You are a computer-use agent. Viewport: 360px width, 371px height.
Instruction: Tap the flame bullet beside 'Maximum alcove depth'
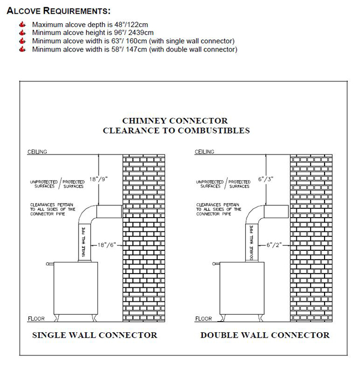tap(22, 25)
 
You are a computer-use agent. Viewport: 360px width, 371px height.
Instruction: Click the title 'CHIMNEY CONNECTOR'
tap(176, 121)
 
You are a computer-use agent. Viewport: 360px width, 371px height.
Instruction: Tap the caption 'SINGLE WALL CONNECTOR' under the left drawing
tap(95, 335)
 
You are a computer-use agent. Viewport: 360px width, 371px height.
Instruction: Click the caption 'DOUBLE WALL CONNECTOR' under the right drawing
tap(265, 335)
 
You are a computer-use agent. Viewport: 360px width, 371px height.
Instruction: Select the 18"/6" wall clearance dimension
tap(107, 244)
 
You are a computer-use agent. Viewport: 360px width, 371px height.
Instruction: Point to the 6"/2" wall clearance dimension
tap(273, 244)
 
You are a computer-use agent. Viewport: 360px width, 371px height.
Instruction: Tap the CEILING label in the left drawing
tap(38, 152)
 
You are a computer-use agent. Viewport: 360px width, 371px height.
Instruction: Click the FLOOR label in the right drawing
tap(204, 319)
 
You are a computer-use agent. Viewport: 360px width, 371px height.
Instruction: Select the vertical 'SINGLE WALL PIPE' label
tap(84, 242)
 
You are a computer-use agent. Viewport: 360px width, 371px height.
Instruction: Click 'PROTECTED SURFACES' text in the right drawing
tap(239, 184)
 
